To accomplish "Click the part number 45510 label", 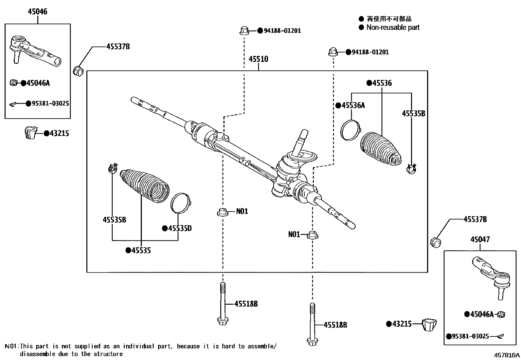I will pos(258,59).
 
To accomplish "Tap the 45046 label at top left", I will pos(37,12).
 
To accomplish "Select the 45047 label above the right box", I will pos(480,239).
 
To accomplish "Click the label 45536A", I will pos(353,105).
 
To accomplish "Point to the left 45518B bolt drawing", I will pos(222,303).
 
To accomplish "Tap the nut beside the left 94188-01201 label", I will pos(243,31).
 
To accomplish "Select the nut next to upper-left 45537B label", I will pos(79,70).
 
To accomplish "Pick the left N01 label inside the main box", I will pos(242,211).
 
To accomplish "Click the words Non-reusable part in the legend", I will pos(392,28).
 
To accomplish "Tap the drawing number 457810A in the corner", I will pos(507,355).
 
